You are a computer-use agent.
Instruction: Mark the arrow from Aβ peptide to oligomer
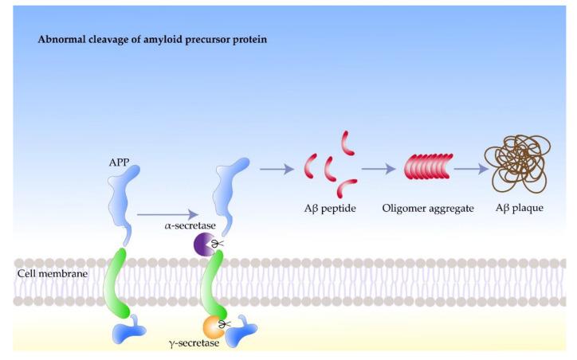pos(379,168)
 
